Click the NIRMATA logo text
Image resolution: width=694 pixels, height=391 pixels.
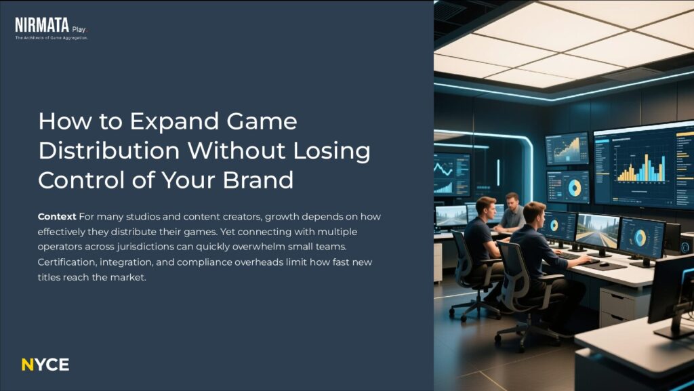click(x=42, y=25)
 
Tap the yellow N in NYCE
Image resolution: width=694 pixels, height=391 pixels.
click(x=27, y=365)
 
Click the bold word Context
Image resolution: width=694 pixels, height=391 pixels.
click(x=57, y=217)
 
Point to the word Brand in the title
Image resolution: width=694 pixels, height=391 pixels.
click(x=258, y=180)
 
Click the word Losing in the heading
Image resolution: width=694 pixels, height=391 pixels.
click(x=331, y=151)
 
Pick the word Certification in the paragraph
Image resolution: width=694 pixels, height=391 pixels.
click(x=67, y=262)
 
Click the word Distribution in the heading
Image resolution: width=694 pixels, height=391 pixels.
click(x=109, y=150)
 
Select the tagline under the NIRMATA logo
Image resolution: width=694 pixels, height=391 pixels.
click(x=52, y=38)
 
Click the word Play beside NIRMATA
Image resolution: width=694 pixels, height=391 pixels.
click(x=79, y=29)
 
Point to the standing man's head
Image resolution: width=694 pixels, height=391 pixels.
click(x=512, y=199)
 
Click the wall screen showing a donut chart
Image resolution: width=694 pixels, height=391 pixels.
click(x=569, y=186)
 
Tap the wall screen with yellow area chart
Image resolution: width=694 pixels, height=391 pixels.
click(x=567, y=148)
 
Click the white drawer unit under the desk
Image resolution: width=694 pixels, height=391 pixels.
click(x=618, y=306)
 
